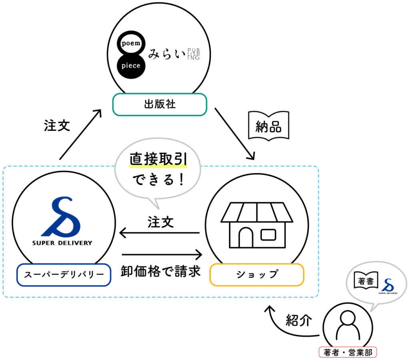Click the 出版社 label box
(160, 105)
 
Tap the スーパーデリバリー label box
(64, 275)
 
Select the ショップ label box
(257, 275)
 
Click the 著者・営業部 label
(348, 352)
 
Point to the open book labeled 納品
(268, 126)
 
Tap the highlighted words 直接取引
(158, 160)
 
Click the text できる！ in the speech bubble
(158, 180)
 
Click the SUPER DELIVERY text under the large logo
(62, 243)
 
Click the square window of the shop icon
(268, 234)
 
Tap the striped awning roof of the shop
(257, 212)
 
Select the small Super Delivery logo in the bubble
(387, 286)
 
